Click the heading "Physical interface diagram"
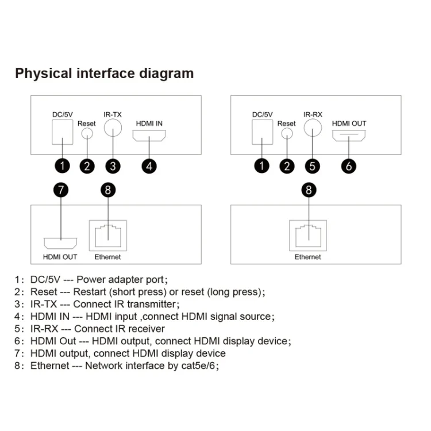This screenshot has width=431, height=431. (104, 74)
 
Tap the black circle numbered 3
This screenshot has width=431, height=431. (113, 166)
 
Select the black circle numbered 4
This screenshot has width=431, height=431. (149, 166)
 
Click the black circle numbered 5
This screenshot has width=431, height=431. (312, 166)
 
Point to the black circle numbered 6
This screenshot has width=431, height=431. (349, 166)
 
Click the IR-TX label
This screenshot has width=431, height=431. (113, 114)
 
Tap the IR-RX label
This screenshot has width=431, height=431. (313, 114)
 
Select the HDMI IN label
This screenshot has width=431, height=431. (149, 124)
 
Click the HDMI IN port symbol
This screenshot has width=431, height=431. (149, 137)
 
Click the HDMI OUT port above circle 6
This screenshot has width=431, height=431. (349, 137)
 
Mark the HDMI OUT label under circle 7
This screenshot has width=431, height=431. (60, 257)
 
